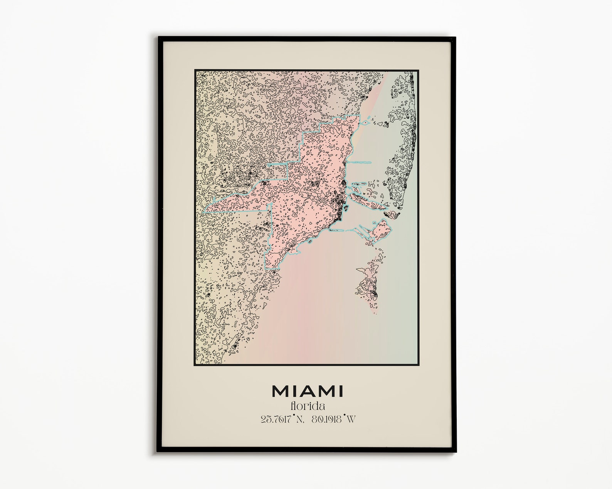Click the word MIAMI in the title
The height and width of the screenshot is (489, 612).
(307, 391)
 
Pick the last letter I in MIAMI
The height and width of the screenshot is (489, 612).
(340, 391)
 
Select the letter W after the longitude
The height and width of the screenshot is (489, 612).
(350, 419)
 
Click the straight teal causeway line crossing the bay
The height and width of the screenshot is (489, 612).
(360, 162)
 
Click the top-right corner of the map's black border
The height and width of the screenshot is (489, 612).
(418, 71)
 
